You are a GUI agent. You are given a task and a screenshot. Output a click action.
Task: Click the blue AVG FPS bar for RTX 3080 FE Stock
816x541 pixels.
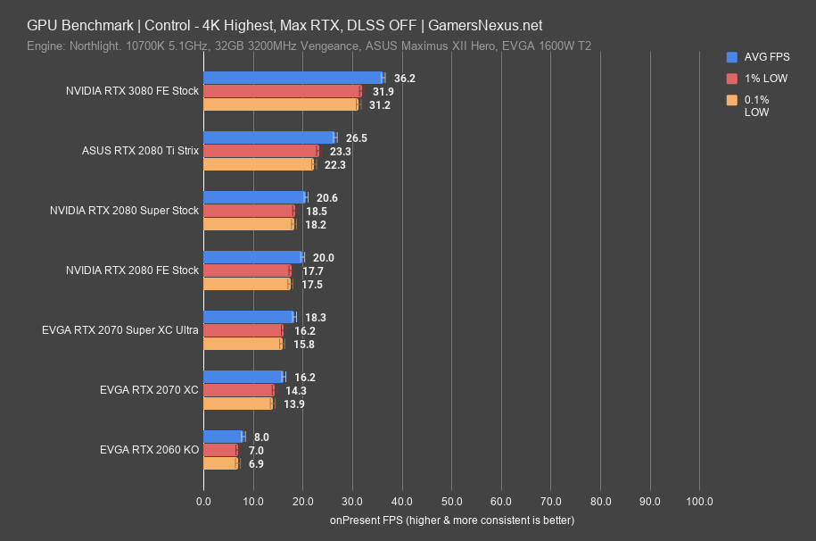pyautogui.click(x=293, y=78)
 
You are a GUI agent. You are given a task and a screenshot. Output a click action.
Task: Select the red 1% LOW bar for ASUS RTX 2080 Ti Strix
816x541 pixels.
pyautogui.click(x=260, y=151)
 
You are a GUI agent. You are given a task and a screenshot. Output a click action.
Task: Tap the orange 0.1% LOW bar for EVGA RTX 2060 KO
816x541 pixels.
pyautogui.click(x=220, y=464)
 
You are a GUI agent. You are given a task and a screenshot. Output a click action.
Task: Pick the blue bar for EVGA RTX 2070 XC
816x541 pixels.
pyautogui.click(x=243, y=377)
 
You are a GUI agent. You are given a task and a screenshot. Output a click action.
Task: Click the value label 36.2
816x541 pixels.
pyautogui.click(x=404, y=79)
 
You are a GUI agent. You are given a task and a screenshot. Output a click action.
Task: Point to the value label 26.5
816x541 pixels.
pyautogui.click(x=356, y=138)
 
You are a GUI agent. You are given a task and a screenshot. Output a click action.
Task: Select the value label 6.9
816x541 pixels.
pyautogui.click(x=255, y=464)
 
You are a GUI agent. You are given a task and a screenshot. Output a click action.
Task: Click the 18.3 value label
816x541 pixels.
pyautogui.click(x=313, y=318)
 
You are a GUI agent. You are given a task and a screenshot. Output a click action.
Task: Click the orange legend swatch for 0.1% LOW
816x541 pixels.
pyautogui.click(x=732, y=99)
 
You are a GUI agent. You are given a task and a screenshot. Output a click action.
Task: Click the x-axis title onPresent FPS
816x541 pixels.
pyautogui.click(x=451, y=520)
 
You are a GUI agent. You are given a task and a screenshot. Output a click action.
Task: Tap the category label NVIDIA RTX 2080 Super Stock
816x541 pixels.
pyautogui.click(x=132, y=211)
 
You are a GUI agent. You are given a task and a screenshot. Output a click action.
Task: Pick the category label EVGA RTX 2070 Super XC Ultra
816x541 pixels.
pyautogui.click(x=120, y=330)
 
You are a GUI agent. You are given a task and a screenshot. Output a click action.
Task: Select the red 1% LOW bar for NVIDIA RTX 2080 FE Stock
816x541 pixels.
pyautogui.click(x=247, y=270)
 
